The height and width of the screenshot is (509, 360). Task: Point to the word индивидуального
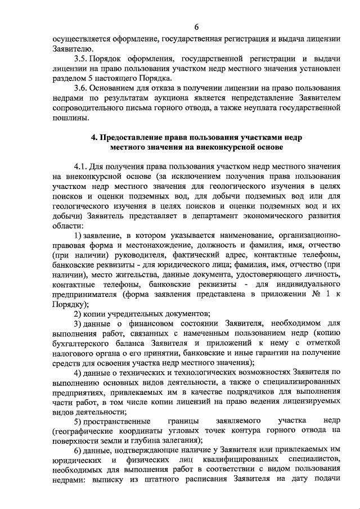coord(305,284)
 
